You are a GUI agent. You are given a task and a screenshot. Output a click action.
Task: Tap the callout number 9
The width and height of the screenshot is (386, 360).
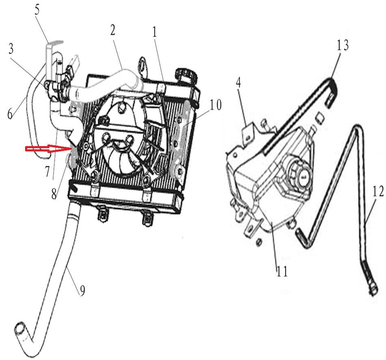tap(82, 291)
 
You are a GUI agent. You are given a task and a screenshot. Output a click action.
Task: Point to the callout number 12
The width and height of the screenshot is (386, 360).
tap(377, 192)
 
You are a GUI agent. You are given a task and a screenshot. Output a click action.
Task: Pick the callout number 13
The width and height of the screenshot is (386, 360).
tap(343, 45)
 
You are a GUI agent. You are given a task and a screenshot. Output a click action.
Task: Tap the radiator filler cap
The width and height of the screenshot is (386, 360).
tap(185, 75)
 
